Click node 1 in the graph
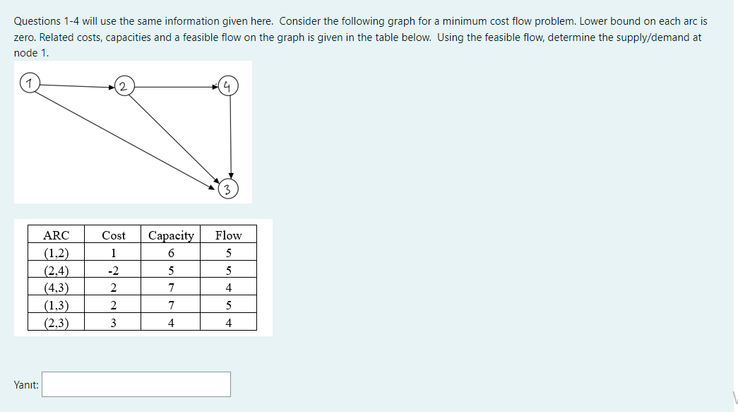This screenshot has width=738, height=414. (28, 84)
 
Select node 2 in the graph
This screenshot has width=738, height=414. (124, 87)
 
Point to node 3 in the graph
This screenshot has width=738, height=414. (228, 189)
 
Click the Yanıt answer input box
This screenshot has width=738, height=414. (136, 384)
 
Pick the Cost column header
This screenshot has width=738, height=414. (113, 235)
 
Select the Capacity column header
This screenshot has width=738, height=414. (171, 235)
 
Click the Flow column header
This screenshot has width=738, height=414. (228, 235)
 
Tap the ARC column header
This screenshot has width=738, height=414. (56, 235)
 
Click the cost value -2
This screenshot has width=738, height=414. (113, 271)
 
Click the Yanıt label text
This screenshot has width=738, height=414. (26, 385)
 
